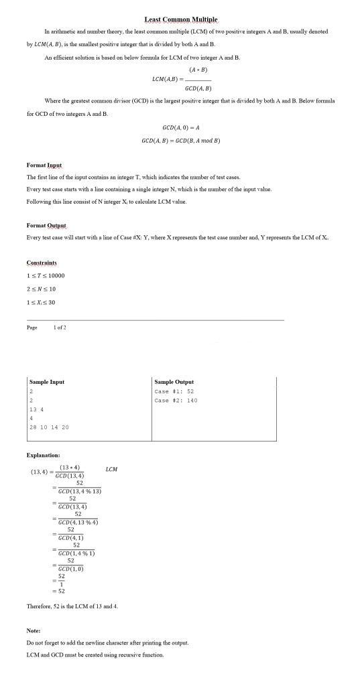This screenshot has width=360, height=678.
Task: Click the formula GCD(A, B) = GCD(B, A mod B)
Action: pos(181,141)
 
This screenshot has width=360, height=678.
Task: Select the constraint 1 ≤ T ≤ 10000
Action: pos(46,275)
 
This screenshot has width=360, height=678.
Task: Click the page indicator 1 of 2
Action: pos(62,326)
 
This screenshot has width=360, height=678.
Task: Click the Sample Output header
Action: pos(174,381)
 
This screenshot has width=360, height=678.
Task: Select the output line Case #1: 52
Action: pos(174,391)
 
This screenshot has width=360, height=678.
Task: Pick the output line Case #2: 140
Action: pos(176,400)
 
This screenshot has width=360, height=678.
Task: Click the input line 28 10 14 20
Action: pos(49,427)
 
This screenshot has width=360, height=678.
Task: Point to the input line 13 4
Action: pos(37,409)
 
